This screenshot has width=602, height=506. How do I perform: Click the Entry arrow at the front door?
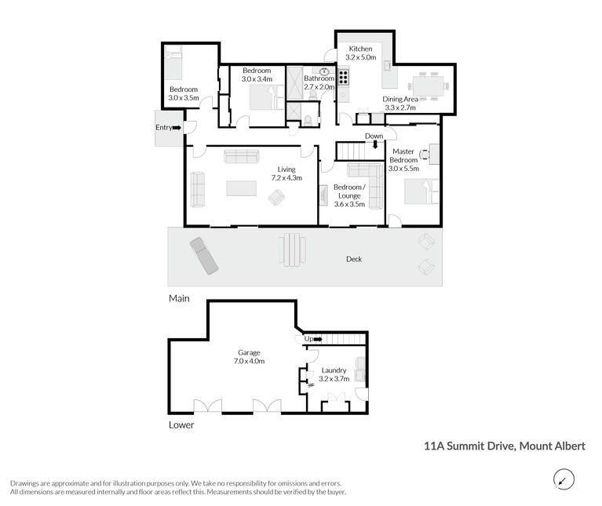coord(177,128)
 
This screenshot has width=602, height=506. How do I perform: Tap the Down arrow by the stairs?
coord(375,144)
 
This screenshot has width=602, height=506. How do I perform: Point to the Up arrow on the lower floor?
coord(318,339)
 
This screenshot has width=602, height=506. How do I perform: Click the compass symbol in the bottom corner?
coord(564,479)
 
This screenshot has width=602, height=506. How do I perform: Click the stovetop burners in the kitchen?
coord(344,76)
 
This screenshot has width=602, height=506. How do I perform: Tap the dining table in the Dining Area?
coord(429,86)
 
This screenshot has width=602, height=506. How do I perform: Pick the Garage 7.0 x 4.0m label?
coord(249,357)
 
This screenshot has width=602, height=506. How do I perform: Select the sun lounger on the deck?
coord(204,256)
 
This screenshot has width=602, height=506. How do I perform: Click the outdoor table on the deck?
coord(292,249)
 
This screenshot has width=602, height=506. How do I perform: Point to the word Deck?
coord(354,260)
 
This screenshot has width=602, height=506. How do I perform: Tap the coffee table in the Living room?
coord(242,188)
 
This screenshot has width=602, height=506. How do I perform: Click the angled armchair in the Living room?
coord(276,198)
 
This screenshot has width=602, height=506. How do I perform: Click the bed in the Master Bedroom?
coord(421,191)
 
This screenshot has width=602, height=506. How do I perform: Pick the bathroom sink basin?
coord(323,71)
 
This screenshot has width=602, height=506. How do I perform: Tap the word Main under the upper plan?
coord(179,298)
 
